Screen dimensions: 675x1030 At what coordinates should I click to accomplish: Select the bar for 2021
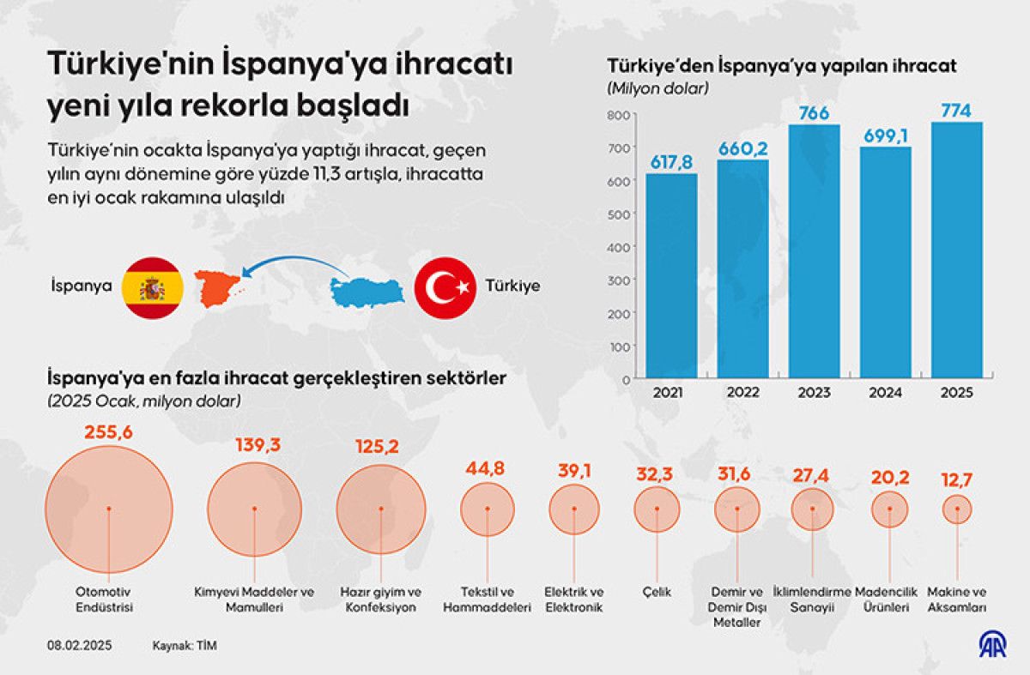[x=671, y=275]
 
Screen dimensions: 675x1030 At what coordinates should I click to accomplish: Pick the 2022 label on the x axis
[x=742, y=394]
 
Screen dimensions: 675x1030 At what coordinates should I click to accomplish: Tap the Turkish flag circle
[x=445, y=286]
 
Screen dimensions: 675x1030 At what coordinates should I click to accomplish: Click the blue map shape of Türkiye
[x=370, y=292]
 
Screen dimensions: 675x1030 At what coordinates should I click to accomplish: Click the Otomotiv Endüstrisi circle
[x=109, y=509]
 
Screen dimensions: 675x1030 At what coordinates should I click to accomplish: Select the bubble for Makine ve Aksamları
[x=957, y=509]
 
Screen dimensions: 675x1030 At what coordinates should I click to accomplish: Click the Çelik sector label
[x=656, y=592]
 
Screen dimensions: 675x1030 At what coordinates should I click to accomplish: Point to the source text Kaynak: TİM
[x=185, y=644]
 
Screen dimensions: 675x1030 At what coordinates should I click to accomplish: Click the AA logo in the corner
[x=995, y=645]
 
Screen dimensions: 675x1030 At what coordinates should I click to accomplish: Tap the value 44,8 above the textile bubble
[x=487, y=468]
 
